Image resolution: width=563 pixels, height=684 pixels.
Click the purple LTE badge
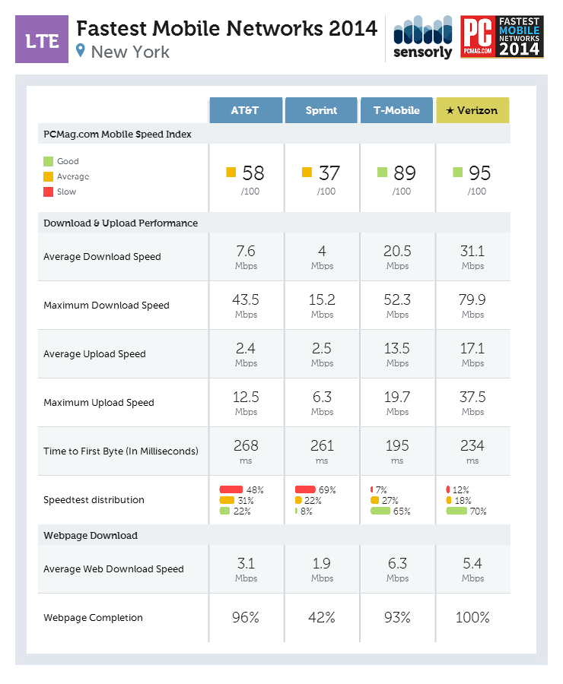coord(42,40)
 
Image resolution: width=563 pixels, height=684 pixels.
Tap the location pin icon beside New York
coord(81,52)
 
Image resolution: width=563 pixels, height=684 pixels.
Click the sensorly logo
coord(422,39)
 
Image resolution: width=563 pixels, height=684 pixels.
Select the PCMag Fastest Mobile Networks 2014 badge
coord(502,38)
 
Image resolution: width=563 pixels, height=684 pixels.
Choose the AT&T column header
coord(245,110)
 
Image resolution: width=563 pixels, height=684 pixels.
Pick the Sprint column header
coord(321,110)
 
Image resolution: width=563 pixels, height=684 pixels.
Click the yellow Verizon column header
coord(472,110)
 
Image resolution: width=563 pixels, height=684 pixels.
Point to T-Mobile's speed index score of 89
coord(405,173)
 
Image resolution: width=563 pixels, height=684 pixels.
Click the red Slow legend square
coord(48,192)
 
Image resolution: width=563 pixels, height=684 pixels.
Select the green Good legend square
coord(48,161)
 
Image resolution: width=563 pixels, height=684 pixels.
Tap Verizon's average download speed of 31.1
coord(472,252)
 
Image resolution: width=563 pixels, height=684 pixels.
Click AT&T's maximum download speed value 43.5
coord(246,300)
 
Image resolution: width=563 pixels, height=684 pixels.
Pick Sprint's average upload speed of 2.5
coord(322,349)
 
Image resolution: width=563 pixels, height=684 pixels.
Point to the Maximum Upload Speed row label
coord(99,403)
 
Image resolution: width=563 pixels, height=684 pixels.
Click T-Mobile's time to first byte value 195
coord(397,446)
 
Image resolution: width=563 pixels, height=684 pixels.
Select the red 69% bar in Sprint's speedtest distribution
coord(305,489)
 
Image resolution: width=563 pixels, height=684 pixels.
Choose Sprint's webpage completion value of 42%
coord(322,618)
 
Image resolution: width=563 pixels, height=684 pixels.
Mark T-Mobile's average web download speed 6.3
coord(397,564)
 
